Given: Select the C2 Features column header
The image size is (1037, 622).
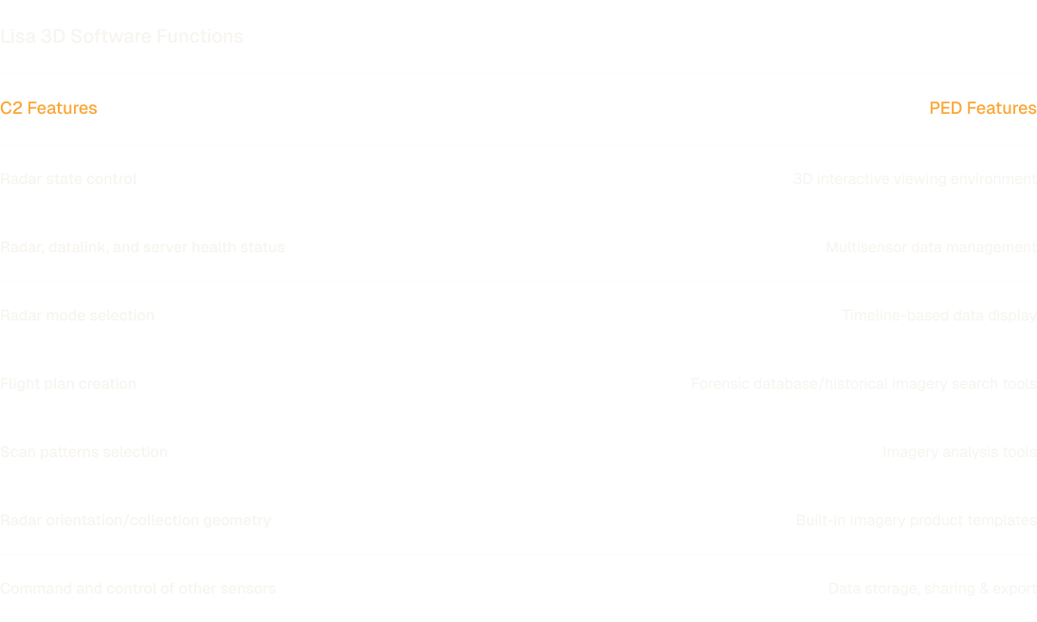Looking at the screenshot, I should coord(48,108).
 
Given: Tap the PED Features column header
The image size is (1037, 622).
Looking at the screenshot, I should coord(982,108).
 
